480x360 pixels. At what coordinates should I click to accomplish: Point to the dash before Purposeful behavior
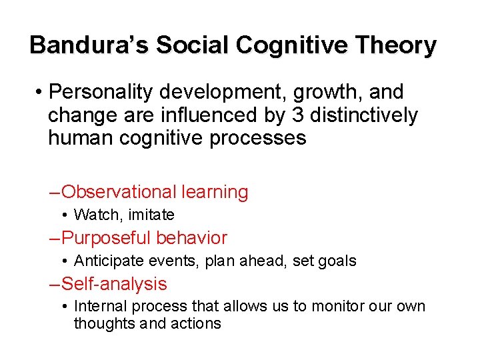(55, 238)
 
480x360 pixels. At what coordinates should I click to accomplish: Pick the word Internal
(98, 307)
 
